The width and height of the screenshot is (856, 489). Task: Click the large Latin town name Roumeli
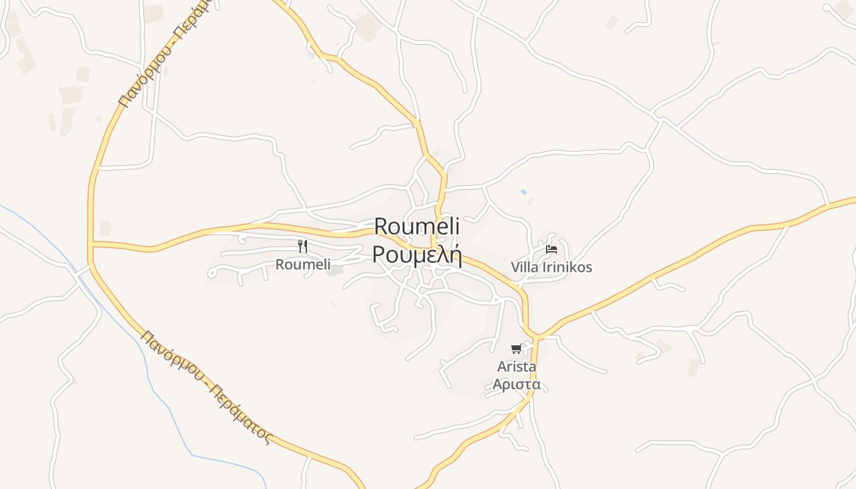point(416,226)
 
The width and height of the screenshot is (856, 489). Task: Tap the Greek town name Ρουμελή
point(416,254)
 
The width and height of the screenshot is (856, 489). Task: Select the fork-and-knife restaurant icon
point(303,246)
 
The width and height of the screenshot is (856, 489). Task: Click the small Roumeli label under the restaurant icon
point(303,265)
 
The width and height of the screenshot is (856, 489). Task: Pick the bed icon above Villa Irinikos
point(551,249)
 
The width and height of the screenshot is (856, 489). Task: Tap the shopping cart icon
point(517,348)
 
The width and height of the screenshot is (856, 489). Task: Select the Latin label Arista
point(517,367)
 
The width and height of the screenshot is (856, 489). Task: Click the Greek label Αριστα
point(517,385)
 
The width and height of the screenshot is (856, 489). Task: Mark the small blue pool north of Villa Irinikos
point(523,192)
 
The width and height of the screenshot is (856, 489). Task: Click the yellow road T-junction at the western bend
point(92,244)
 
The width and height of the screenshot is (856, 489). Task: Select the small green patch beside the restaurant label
point(334,270)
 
